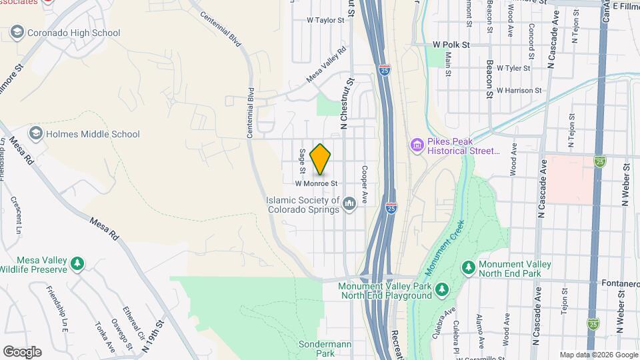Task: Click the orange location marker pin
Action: [321, 159]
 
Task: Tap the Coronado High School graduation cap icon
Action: [17, 33]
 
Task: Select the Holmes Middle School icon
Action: [35, 133]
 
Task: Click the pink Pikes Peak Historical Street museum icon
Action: [417, 145]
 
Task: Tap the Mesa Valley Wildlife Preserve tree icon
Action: [78, 264]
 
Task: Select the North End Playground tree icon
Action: [441, 291]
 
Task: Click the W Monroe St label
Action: [317, 183]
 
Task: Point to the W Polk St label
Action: [451, 45]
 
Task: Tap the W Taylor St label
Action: [325, 21]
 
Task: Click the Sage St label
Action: [302, 159]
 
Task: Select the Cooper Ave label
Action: [365, 185]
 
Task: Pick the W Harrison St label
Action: [519, 90]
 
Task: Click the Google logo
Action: [22, 352]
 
